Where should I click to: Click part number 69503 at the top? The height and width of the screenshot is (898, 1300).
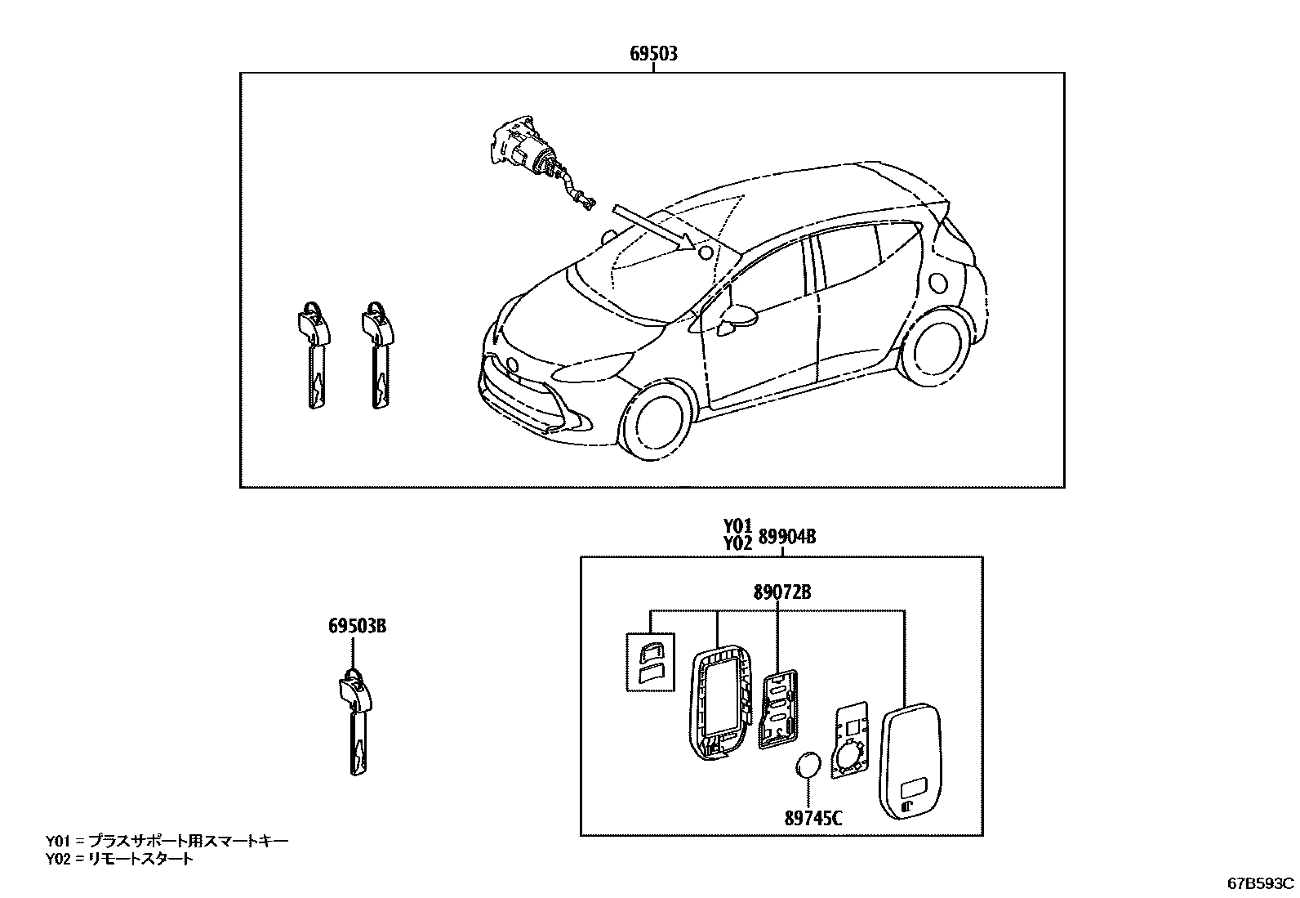pyautogui.click(x=653, y=55)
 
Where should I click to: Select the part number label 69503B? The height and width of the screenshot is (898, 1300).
pyautogui.click(x=357, y=627)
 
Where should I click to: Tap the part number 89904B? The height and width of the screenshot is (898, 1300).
pyautogui.click(x=786, y=537)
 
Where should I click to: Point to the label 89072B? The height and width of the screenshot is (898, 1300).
pyautogui.click(x=781, y=592)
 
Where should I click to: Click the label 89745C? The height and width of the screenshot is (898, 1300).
pyautogui.click(x=812, y=817)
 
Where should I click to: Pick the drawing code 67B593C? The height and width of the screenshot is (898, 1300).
pyautogui.click(x=1261, y=882)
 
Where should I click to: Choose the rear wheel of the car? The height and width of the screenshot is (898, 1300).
pyautogui.click(x=935, y=347)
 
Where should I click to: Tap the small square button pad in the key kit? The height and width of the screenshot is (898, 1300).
pyautogui.click(x=650, y=660)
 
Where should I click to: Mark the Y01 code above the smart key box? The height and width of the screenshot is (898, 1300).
pyautogui.click(x=737, y=525)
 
